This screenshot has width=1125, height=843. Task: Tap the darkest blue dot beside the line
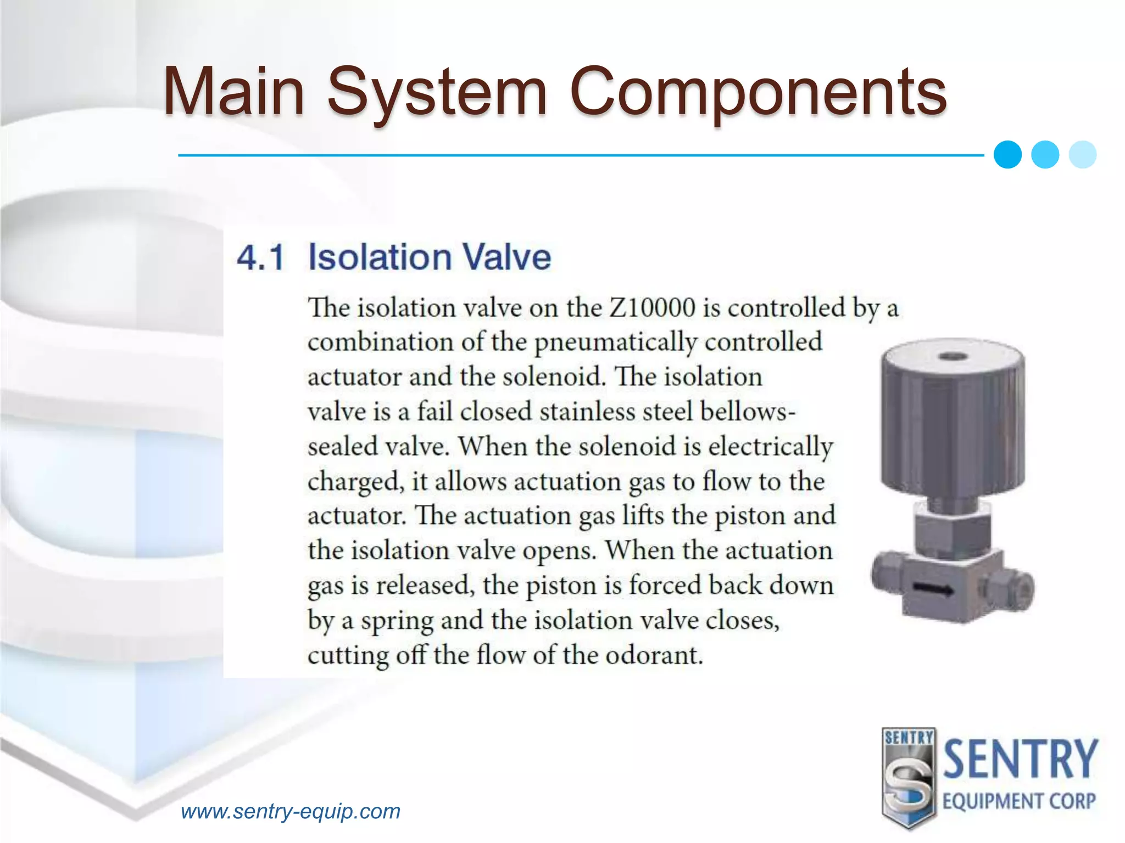click(x=1007, y=155)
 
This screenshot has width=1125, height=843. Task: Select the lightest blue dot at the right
click(x=1083, y=155)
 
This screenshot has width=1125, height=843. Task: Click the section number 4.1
click(x=260, y=257)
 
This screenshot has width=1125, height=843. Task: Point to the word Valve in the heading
click(x=506, y=257)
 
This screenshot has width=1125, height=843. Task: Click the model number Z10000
click(x=653, y=307)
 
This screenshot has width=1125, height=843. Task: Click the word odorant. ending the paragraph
click(x=654, y=655)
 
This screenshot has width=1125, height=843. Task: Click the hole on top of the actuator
click(x=953, y=357)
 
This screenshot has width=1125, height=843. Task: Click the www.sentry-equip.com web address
click(x=291, y=811)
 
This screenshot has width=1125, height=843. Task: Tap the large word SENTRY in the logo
click(x=1020, y=760)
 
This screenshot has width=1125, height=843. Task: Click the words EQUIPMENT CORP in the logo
click(x=1019, y=801)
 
